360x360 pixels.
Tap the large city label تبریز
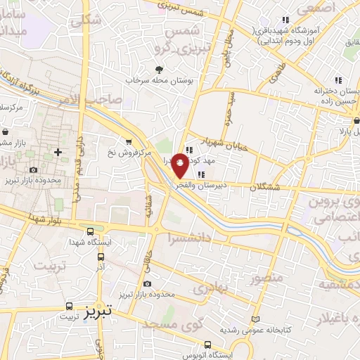pos(98,313)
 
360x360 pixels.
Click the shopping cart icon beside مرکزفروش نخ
pos(127,141)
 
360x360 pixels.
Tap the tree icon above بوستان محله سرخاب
pos(160,69)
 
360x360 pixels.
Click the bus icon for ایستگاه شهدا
pos(91,231)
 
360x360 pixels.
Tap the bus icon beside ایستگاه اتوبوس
pos(207,344)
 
